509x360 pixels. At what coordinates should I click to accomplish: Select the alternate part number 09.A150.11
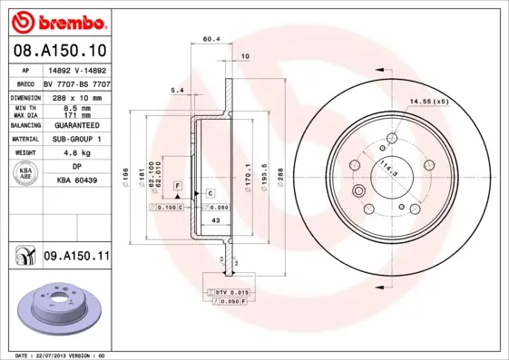point(76,257)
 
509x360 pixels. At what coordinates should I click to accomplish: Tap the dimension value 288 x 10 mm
point(76,95)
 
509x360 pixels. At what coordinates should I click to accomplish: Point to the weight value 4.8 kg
point(76,153)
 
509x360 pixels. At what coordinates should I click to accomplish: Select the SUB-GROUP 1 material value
point(76,139)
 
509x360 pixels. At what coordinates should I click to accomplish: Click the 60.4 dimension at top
point(211,39)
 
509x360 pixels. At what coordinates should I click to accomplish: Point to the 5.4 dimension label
point(177,90)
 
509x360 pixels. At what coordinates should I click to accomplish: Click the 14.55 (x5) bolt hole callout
point(429,101)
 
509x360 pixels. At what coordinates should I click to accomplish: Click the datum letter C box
point(209,193)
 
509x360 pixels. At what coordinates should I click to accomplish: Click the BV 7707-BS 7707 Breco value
point(76,82)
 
